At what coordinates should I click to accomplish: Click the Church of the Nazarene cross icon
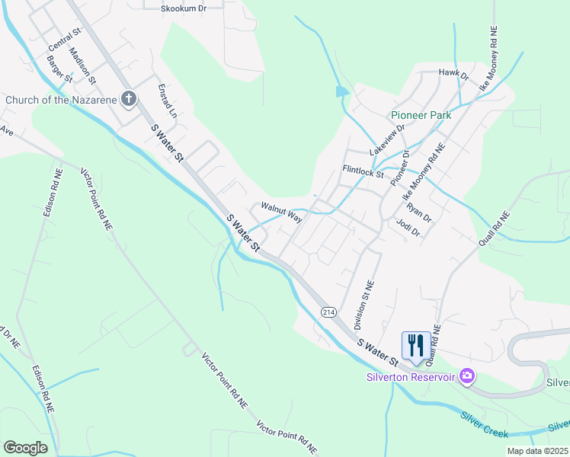pos(129,99)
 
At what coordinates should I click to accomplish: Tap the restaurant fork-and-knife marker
pos(415,344)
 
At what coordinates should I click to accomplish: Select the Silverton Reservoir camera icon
pos(467,376)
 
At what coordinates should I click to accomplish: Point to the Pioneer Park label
pos(421,115)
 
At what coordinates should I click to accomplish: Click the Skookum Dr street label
pos(184,8)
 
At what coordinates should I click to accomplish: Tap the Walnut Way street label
pos(281,210)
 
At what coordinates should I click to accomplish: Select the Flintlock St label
pos(363,171)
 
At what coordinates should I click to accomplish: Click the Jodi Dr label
pos(408,228)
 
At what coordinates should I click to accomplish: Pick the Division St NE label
pos(363,305)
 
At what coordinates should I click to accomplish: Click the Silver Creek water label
pos(484,424)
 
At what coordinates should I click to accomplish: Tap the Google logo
pos(25,448)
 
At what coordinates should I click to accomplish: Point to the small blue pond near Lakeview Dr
pos(341,92)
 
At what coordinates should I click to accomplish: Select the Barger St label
pos(59,69)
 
